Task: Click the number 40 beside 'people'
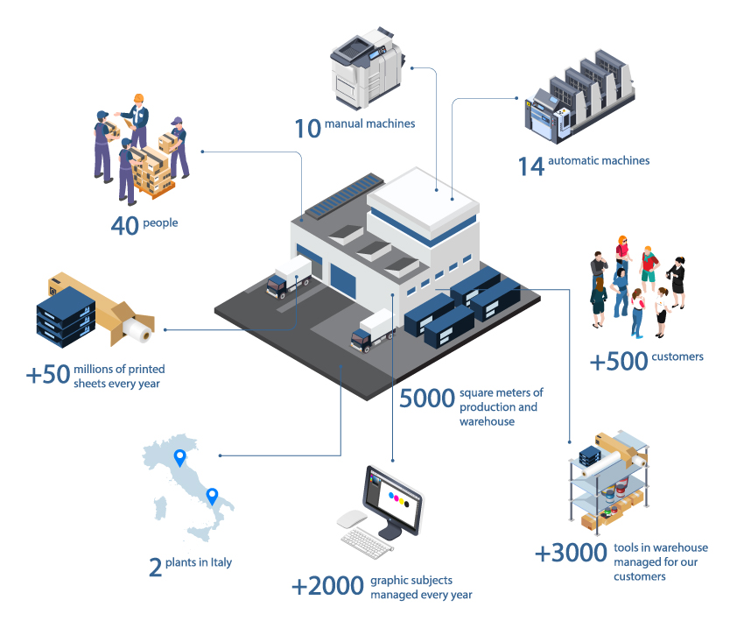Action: [125, 225]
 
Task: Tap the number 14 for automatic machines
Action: [531, 165]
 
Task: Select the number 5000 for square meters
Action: [426, 399]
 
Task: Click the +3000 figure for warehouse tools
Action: [571, 554]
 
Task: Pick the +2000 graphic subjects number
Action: [327, 587]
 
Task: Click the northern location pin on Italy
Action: [180, 457]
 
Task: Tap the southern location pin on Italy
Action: [211, 496]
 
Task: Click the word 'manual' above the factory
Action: [342, 123]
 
